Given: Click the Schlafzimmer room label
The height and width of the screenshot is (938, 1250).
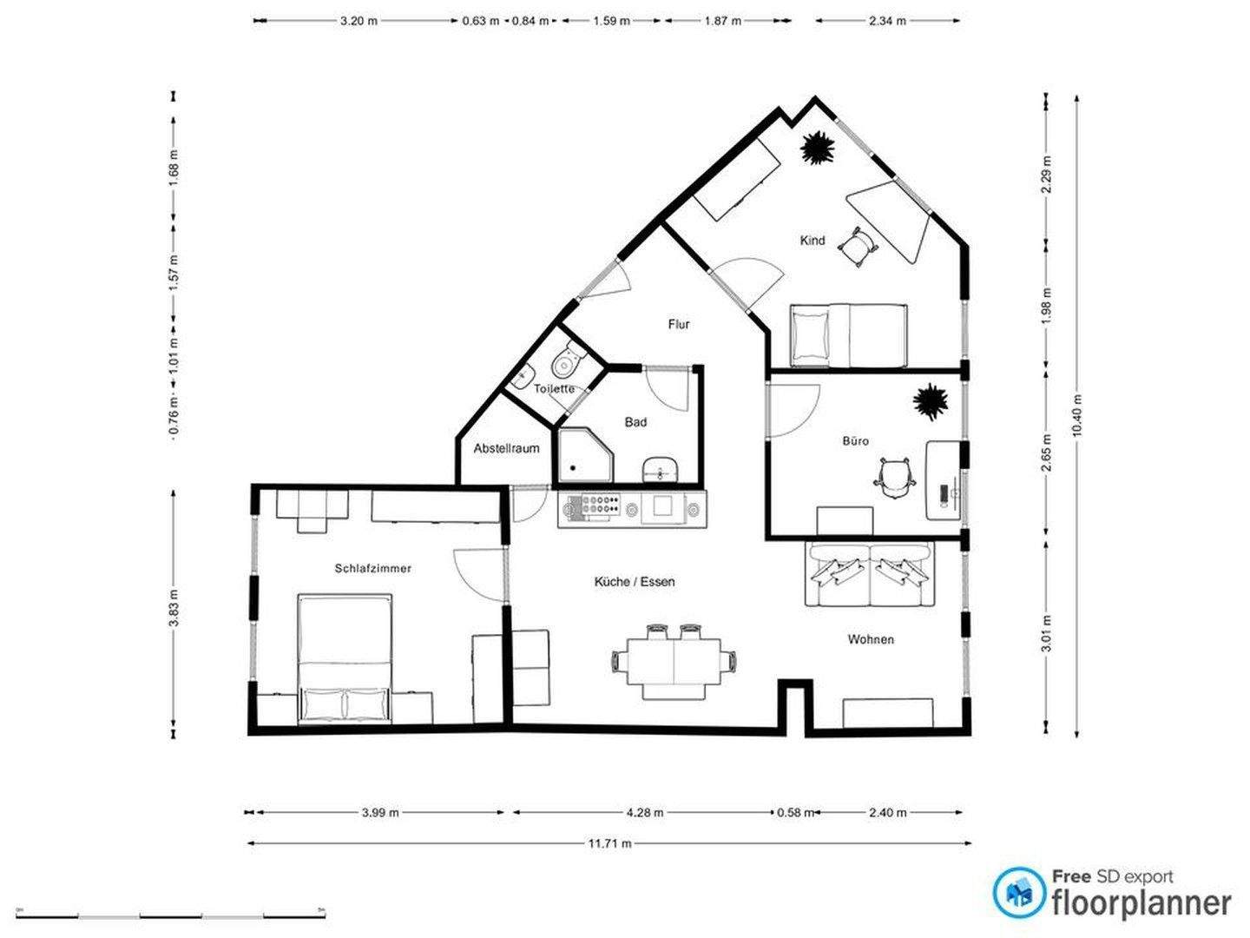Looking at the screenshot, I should click(372, 569).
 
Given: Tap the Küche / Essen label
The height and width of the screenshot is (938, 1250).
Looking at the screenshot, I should click(634, 582).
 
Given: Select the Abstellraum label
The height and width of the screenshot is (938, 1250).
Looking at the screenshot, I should click(506, 449).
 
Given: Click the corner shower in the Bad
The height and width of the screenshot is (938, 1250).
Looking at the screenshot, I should click(583, 455).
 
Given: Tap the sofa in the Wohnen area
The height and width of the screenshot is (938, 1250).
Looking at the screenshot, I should click(869, 573).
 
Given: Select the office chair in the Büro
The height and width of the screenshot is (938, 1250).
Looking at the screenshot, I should click(895, 478).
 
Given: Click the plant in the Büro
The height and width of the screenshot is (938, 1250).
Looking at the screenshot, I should click(930, 401).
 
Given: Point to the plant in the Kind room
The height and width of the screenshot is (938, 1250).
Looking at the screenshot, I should click(818, 148).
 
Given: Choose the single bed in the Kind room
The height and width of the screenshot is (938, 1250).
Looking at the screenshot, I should click(847, 335).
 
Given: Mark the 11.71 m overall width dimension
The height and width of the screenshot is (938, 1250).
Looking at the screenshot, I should click(609, 843).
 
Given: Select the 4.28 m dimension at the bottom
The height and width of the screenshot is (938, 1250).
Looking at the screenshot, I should click(645, 813).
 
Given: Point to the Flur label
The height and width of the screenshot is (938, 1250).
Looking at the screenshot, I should click(679, 325).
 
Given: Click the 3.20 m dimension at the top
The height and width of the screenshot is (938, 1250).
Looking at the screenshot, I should click(359, 21).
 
